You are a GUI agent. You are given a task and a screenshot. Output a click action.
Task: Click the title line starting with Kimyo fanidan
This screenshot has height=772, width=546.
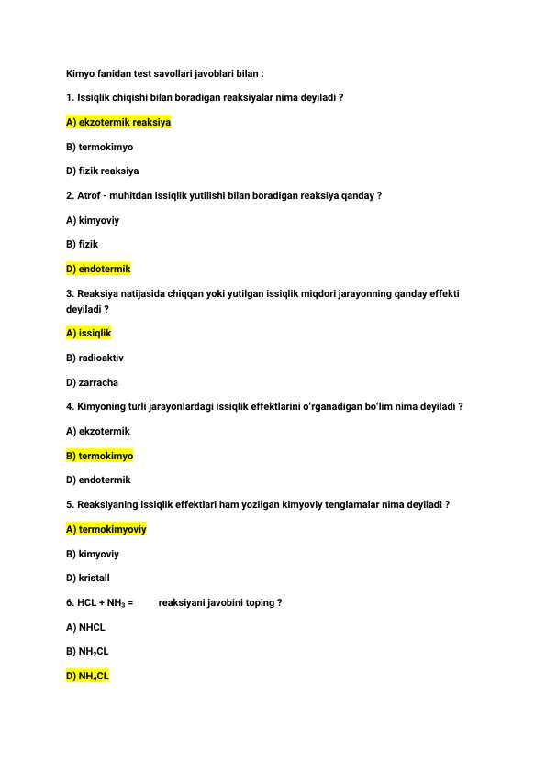click(x=165, y=72)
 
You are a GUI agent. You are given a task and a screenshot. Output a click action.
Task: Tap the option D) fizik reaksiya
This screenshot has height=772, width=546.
click(x=103, y=171)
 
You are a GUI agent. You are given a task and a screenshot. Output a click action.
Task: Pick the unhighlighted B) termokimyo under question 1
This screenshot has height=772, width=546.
click(x=100, y=147)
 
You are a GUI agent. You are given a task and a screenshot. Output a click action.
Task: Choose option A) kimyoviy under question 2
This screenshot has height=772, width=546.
click(x=93, y=220)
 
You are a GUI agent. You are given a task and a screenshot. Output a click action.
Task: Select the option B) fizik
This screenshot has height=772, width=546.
click(x=83, y=245)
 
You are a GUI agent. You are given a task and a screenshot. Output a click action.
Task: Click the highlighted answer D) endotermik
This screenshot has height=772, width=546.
click(x=98, y=269)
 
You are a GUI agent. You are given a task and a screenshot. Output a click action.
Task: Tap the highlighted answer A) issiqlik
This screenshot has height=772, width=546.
click(x=89, y=334)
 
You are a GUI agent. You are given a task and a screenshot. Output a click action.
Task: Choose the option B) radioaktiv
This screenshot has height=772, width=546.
click(x=95, y=358)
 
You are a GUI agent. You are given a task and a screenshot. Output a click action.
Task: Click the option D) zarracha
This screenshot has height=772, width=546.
click(x=93, y=382)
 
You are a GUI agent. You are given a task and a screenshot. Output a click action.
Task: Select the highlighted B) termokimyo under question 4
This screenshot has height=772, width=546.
click(x=100, y=456)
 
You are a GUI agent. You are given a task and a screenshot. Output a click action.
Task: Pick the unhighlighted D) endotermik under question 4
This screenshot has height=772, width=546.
click(x=98, y=480)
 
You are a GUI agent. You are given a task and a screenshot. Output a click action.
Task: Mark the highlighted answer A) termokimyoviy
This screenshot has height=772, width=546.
click(x=106, y=529)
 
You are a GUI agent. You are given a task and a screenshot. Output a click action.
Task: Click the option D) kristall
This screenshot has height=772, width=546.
click(x=88, y=579)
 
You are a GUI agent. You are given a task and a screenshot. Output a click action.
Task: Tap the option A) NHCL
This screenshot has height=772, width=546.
click(x=86, y=628)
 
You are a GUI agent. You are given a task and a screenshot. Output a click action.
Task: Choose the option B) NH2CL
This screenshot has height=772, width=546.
click(x=88, y=652)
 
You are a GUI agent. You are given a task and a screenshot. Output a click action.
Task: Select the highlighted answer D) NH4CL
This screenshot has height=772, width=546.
click(x=88, y=677)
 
